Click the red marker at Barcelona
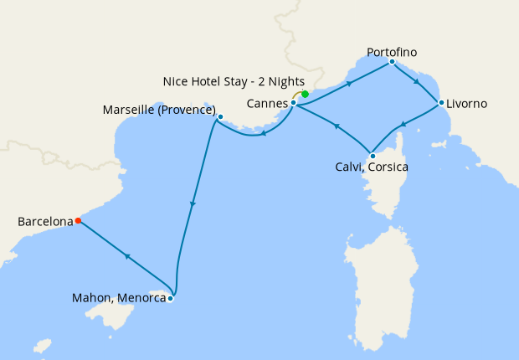pyautogui.click(x=78, y=221)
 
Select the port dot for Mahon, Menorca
pyautogui.click(x=170, y=298)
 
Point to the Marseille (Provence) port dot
pyautogui.click(x=220, y=117)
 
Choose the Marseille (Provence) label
pyautogui.click(x=159, y=111)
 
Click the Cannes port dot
pyautogui.click(x=294, y=103)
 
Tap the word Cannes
pyautogui.click(x=267, y=104)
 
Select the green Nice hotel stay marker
pyautogui.click(x=306, y=94)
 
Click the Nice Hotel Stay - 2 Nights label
pyautogui.click(x=234, y=82)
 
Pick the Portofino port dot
pyautogui.click(x=392, y=61)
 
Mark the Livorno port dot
pyautogui.click(x=441, y=103)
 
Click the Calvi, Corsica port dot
pyautogui.click(x=372, y=156)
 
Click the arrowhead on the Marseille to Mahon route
pyautogui.click(x=193, y=204)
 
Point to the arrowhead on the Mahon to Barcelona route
pyautogui.click(x=126, y=257)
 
